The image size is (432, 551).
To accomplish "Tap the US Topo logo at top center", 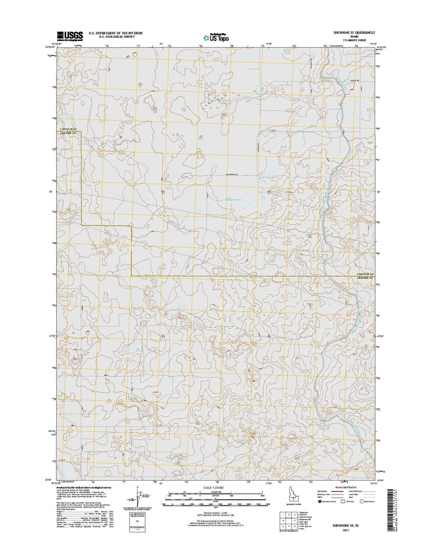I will coord(216,37).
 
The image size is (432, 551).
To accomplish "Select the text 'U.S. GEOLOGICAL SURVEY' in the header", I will coord(115,37).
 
